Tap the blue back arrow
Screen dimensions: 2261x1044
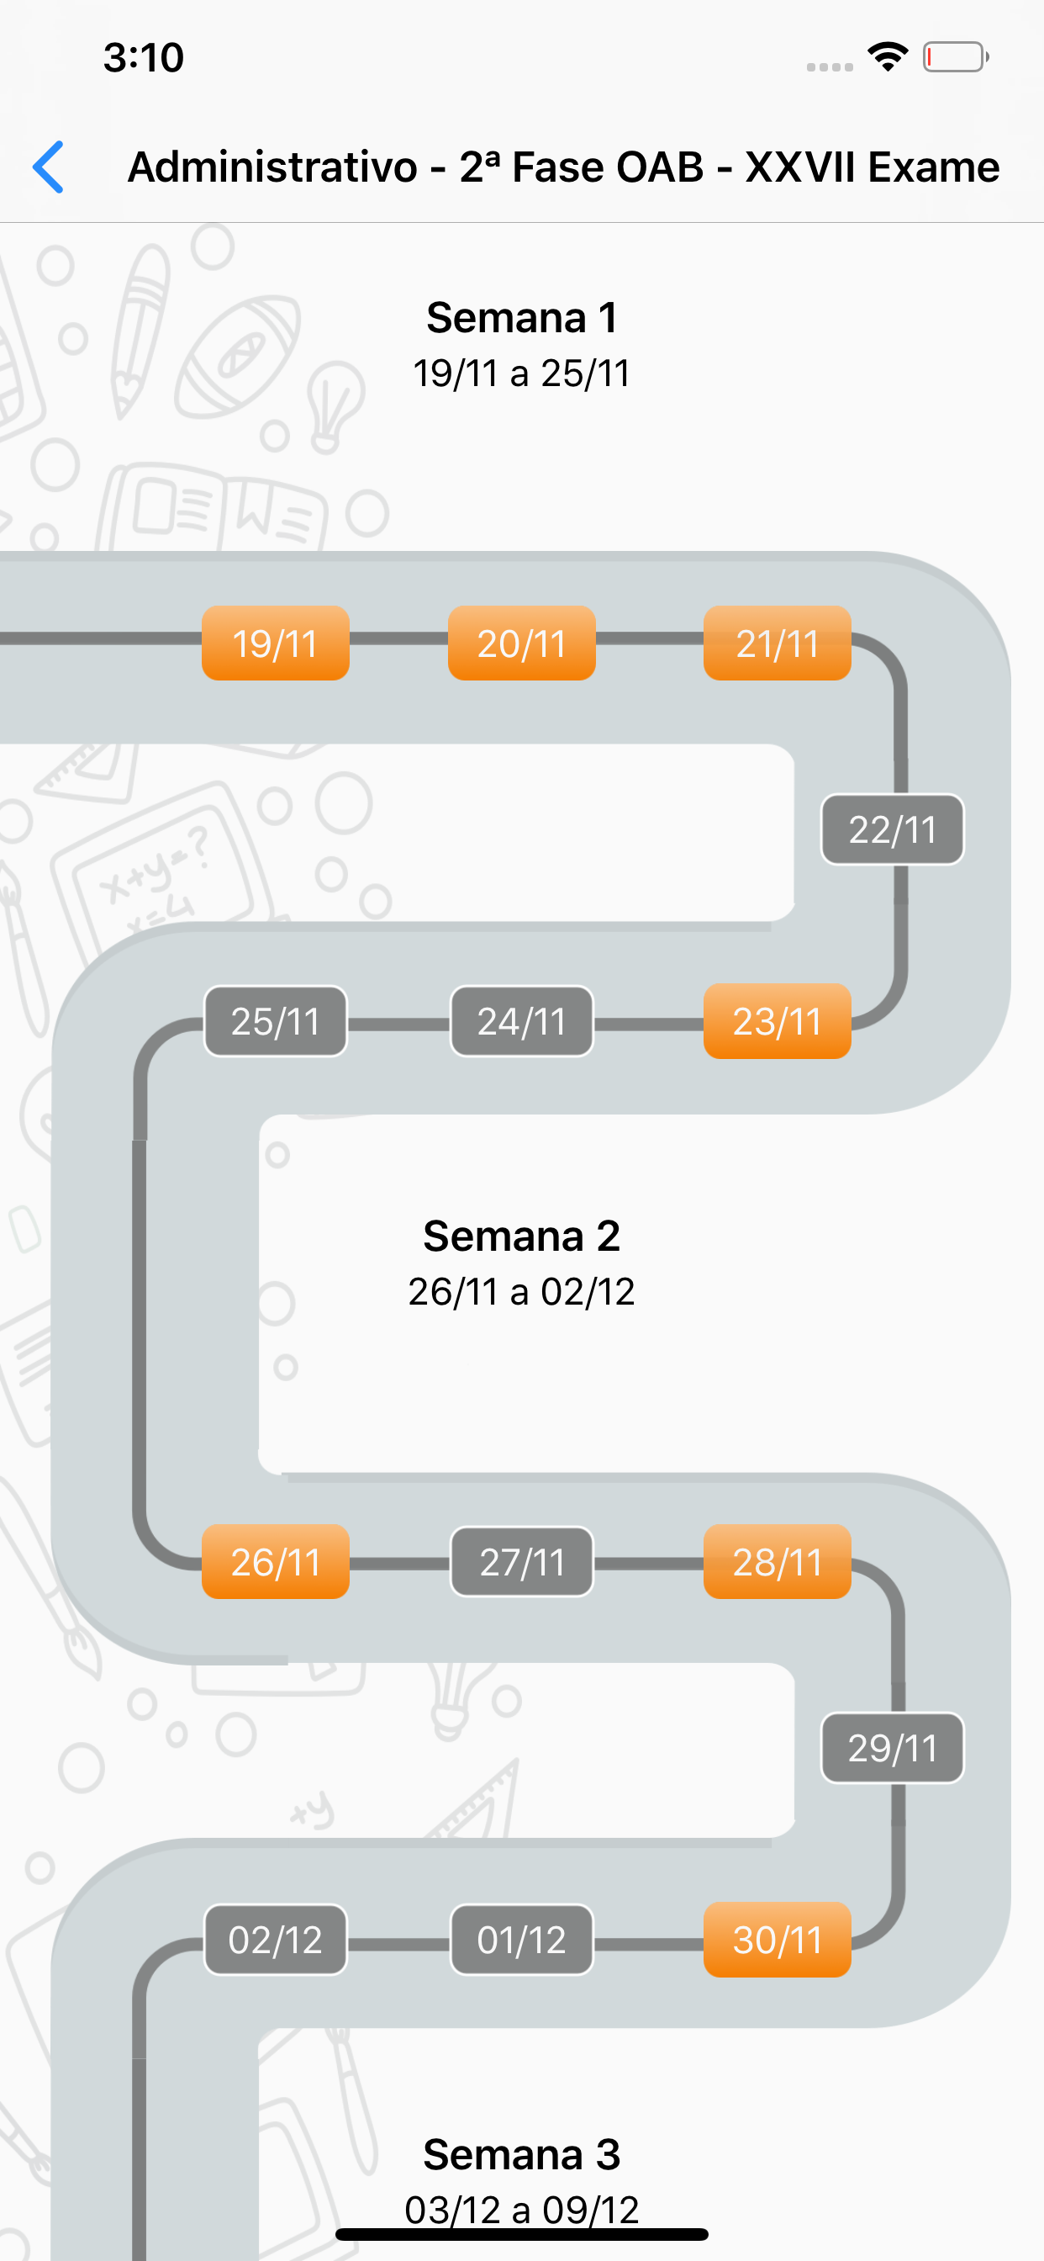pos(49,167)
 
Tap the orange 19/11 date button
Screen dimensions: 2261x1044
pos(276,643)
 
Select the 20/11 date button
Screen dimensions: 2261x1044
pos(521,643)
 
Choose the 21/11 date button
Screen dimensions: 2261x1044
pos(777,643)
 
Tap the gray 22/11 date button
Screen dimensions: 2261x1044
pos(891,829)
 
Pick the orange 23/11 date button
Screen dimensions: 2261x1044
pos(777,1021)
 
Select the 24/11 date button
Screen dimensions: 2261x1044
pos(521,1021)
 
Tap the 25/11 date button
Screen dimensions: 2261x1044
pos(276,1021)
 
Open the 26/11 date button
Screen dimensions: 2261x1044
pos(276,1561)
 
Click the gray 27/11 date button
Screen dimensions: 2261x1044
pos(521,1561)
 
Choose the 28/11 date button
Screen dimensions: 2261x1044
pos(777,1561)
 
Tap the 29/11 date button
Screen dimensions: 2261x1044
pos(891,1748)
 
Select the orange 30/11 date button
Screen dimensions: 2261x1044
pos(777,1939)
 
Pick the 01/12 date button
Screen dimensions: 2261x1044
pos(521,1939)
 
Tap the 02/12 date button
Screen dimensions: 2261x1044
pos(276,1939)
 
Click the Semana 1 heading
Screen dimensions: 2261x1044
pos(521,318)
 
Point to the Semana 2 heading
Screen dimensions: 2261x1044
pos(521,1236)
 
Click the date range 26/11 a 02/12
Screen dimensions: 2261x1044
pos(521,1291)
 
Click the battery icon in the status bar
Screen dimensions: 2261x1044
pos(955,57)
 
